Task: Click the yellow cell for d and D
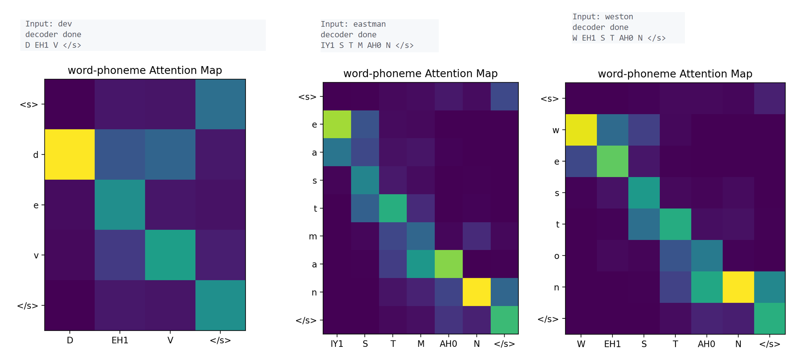click(x=70, y=154)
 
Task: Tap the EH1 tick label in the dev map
click(x=120, y=340)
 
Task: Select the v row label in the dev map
click(x=36, y=255)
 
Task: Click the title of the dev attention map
click(x=145, y=70)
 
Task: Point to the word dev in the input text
click(x=65, y=24)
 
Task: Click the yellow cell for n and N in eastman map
click(x=476, y=292)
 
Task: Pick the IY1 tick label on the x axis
click(x=337, y=344)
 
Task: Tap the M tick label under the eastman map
click(x=421, y=344)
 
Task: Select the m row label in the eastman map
click(x=313, y=237)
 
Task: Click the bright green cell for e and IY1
click(x=337, y=124)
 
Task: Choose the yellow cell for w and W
click(x=581, y=130)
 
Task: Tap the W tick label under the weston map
click(x=581, y=344)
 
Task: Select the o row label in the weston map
click(x=557, y=256)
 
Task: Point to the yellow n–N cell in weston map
click(x=738, y=287)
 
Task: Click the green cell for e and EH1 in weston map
click(x=613, y=162)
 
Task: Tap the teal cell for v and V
click(x=170, y=255)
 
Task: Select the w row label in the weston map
click(x=556, y=130)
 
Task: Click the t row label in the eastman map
click(x=315, y=208)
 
